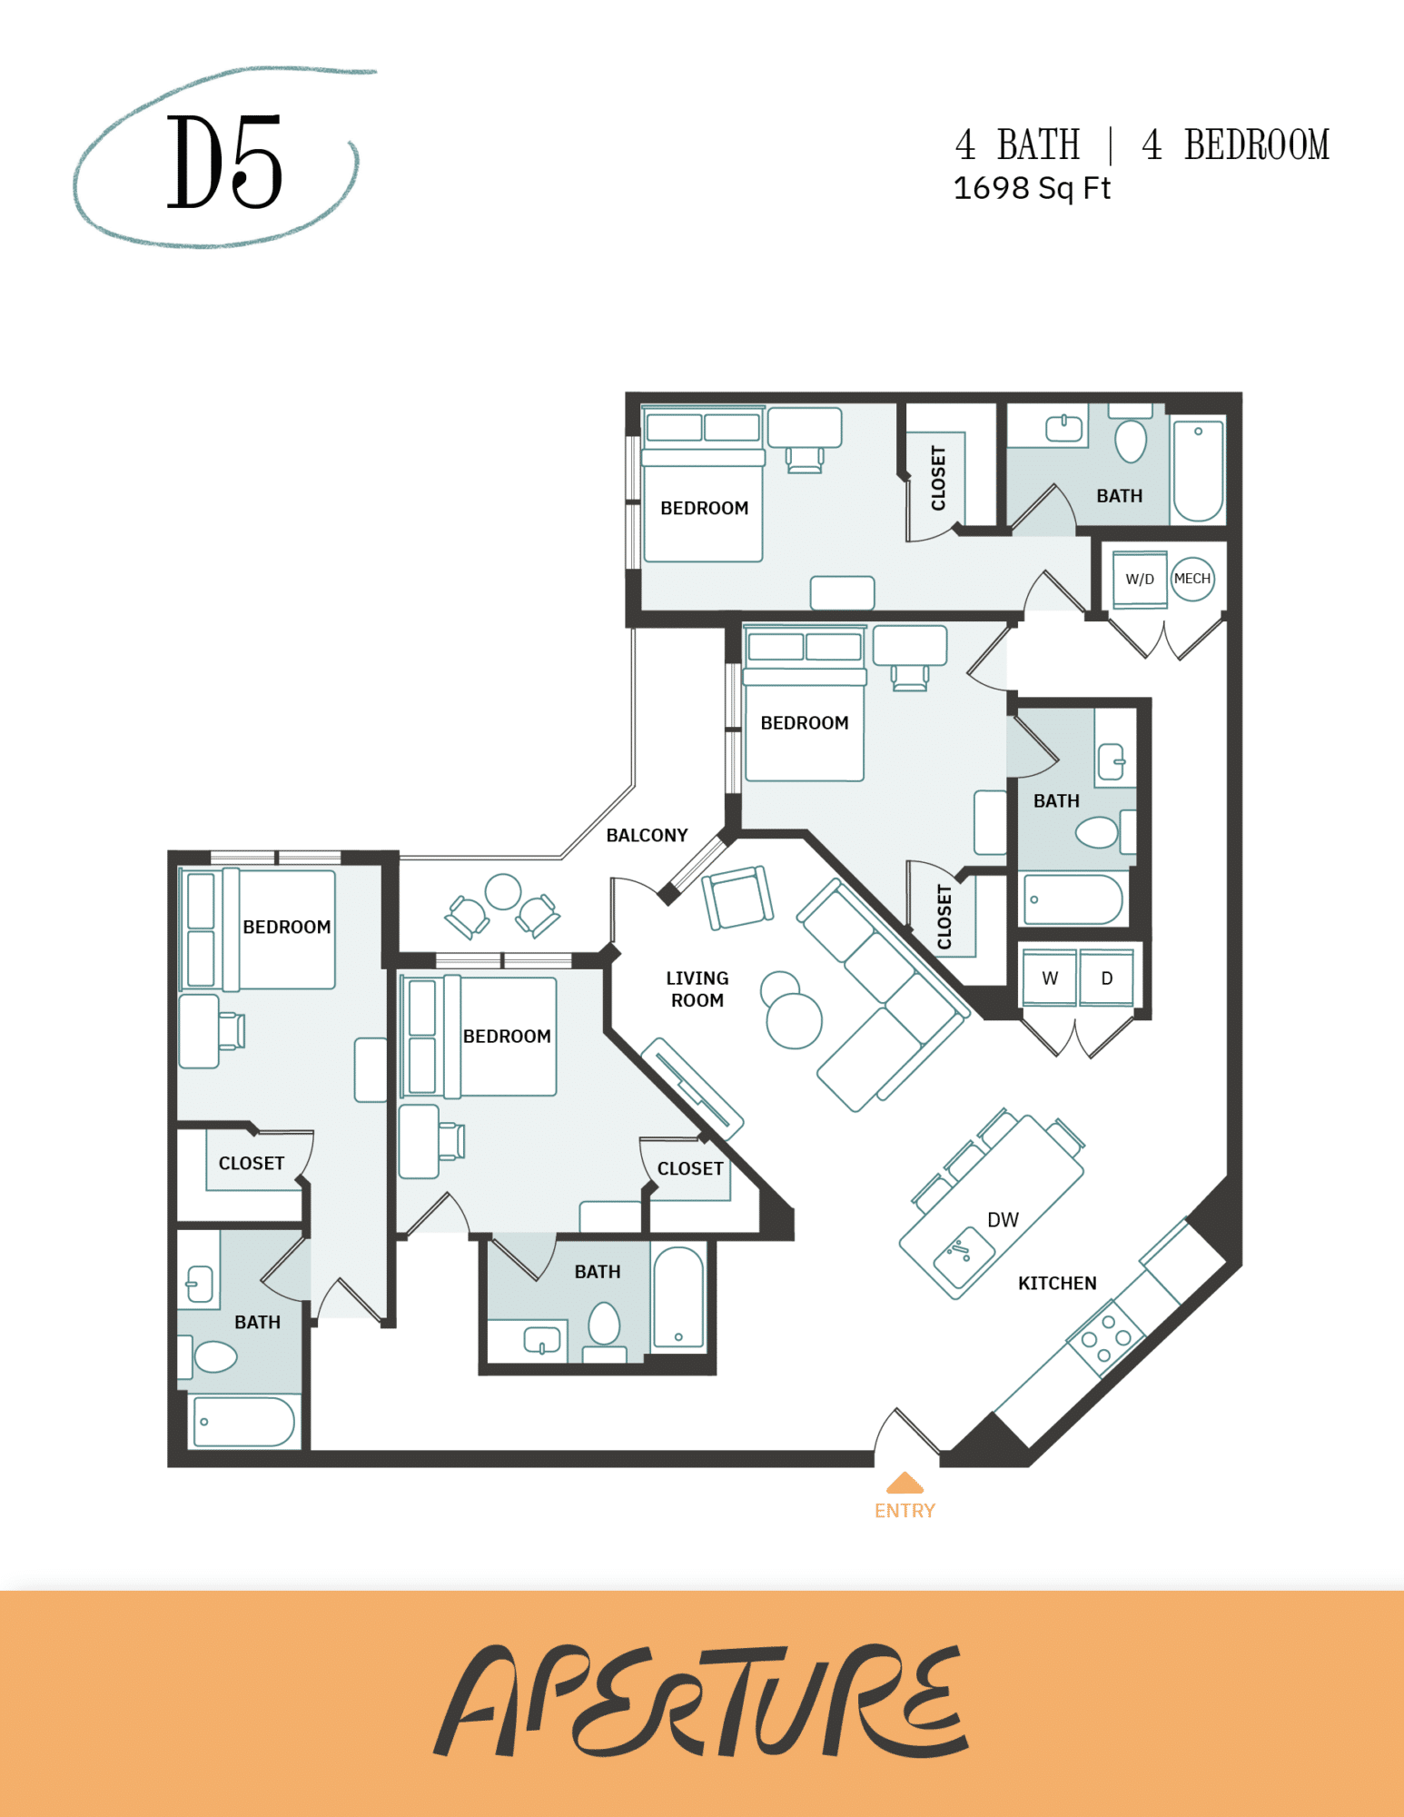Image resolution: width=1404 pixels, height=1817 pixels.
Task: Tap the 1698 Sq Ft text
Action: click(x=1031, y=188)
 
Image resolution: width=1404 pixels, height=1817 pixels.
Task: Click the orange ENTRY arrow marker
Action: click(x=905, y=1484)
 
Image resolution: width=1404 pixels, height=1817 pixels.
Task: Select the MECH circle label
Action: click(x=1191, y=579)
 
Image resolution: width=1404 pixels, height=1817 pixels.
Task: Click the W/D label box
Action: click(x=1139, y=579)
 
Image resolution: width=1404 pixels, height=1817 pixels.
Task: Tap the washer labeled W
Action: click(x=1050, y=978)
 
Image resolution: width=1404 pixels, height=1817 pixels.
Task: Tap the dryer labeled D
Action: click(x=1106, y=978)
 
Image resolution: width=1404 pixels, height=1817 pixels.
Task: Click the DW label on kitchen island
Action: click(x=1003, y=1220)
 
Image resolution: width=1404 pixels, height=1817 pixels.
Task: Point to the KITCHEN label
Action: click(x=1056, y=1283)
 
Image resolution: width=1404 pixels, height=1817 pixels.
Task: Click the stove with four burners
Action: click(x=1105, y=1338)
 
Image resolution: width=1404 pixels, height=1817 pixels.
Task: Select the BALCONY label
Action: click(x=647, y=835)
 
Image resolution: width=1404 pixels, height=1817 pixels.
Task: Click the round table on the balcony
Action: click(x=502, y=891)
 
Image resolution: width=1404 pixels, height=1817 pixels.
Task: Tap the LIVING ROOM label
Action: click(x=697, y=988)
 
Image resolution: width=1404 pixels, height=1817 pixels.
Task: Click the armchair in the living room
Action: click(x=738, y=898)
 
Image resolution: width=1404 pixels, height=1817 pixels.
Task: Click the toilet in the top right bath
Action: click(x=1130, y=440)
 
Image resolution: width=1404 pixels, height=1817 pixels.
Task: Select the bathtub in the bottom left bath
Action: click(x=242, y=1421)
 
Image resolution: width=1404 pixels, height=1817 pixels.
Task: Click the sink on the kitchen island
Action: click(x=958, y=1256)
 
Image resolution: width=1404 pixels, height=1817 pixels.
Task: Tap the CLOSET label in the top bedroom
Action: click(x=938, y=478)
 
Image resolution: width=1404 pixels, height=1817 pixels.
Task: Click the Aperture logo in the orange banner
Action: click(x=701, y=1701)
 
